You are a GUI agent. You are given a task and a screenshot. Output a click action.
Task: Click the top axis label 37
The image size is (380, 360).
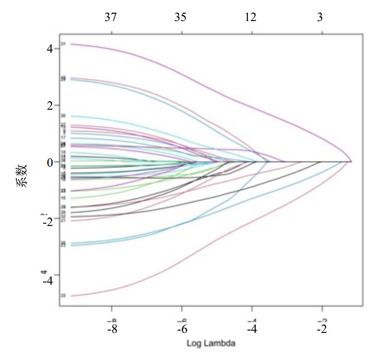coord(111,18)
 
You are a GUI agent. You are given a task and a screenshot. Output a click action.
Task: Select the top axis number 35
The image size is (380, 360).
coord(181,18)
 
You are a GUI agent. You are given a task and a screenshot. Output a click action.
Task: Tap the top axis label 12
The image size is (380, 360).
coord(251,18)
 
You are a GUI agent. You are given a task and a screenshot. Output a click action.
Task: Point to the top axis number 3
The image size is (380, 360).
coord(320,18)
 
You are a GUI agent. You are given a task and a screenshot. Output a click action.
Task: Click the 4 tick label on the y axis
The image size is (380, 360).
coord(49,49)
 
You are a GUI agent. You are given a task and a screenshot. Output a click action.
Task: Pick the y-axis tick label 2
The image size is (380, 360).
coord(49,106)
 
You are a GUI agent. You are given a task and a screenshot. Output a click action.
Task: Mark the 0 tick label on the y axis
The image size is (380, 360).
coord(49,162)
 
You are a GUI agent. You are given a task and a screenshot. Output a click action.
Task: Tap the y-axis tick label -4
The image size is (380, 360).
coord(47,281)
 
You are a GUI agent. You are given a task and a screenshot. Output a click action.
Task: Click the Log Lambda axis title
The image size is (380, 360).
coord(211,344)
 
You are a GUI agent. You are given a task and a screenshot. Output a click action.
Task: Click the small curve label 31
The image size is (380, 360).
coord(63,44)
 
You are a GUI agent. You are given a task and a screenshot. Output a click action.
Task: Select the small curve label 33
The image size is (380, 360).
coord(63,296)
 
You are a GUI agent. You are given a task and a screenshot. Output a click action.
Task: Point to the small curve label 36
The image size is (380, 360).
coord(63,116)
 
